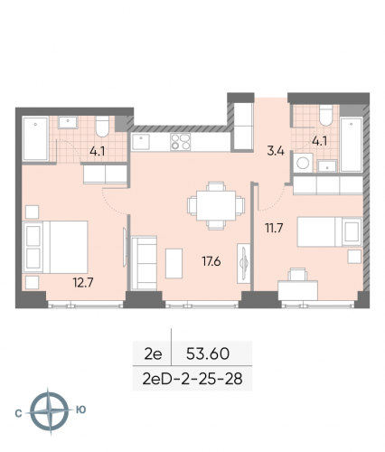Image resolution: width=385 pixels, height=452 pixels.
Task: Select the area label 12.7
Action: coord(84,280)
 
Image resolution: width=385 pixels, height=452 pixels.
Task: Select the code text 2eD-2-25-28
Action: coord(192,373)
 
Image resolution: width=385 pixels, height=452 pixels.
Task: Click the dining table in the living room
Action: coord(213,204)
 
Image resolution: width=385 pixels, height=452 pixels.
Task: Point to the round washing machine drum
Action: coord(305,165)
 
